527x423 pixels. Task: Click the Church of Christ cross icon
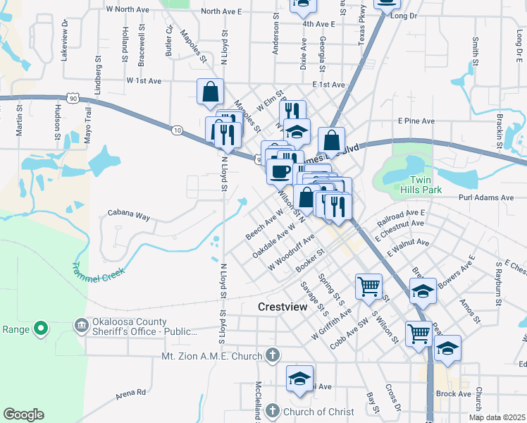[x=273, y=411]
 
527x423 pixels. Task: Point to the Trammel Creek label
[x=98, y=269]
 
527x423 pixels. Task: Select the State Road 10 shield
[x=177, y=130]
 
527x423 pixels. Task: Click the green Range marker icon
[x=41, y=328]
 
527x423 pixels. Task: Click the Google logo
[x=23, y=415]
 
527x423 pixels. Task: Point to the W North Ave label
[x=127, y=10]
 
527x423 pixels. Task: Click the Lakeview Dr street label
[x=64, y=40]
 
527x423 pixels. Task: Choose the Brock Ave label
[x=454, y=394]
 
